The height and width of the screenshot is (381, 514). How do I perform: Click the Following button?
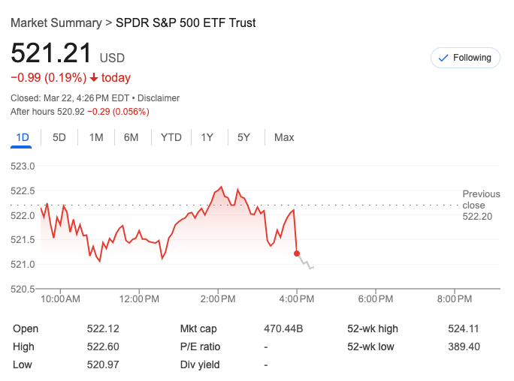[465, 58]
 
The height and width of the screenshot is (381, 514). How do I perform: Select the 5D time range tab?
[59, 137]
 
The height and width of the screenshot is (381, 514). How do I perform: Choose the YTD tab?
[171, 137]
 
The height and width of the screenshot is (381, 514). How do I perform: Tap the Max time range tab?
[284, 137]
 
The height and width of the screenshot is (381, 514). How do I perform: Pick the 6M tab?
[132, 137]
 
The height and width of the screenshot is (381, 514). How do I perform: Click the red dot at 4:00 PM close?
[297, 253]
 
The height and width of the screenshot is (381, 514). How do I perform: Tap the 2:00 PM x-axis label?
[218, 299]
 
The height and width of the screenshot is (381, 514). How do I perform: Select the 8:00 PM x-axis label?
[454, 299]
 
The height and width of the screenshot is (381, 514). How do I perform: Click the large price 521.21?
[51, 53]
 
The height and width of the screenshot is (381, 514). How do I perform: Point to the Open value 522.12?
[103, 328]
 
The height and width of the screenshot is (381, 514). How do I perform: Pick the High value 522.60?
[103, 346]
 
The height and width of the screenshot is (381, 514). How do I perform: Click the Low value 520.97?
[103, 364]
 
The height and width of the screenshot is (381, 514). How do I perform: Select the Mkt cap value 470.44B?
[283, 328]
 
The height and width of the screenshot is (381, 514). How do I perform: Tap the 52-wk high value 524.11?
[464, 328]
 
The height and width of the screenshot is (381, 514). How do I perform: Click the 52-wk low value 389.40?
[464, 346]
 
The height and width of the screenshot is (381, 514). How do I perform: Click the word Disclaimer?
[159, 98]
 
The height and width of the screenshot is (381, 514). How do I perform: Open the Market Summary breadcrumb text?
[56, 22]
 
